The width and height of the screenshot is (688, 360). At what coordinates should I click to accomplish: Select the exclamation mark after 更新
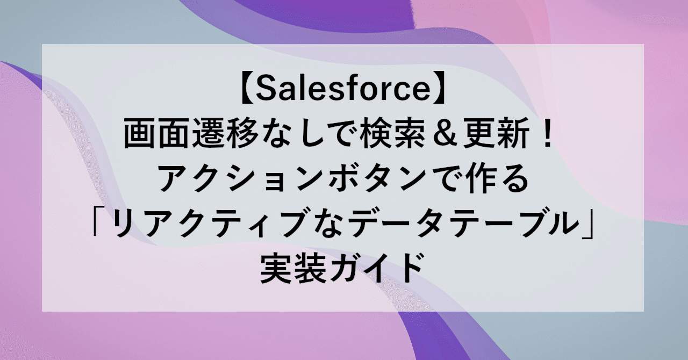pyautogui.click(x=548, y=135)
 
